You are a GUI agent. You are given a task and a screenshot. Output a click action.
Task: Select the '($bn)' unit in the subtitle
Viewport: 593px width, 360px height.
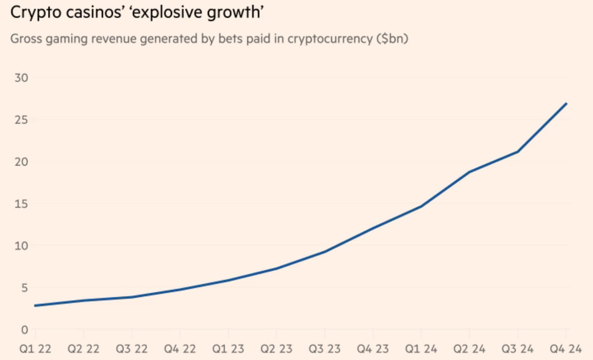[392, 39]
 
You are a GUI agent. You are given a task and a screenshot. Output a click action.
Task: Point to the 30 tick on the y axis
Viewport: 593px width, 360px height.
[21, 78]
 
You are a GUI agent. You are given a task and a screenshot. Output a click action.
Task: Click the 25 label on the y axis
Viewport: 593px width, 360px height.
[21, 120]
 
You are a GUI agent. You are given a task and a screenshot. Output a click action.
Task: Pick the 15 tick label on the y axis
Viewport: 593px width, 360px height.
[21, 204]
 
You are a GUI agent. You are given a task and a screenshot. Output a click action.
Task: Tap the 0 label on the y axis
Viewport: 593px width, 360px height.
[25, 330]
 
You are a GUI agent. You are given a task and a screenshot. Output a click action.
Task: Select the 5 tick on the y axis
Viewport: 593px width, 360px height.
[25, 288]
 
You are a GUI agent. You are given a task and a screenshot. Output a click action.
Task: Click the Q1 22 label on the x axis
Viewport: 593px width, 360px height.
[35, 349]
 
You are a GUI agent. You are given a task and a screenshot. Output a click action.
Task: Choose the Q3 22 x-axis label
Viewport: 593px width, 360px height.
[132, 349]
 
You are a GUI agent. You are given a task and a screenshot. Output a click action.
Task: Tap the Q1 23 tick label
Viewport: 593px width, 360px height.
[228, 349]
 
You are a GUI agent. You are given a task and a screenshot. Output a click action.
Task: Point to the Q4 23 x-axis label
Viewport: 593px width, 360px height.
[373, 349]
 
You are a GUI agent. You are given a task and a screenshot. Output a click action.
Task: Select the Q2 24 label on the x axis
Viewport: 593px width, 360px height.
[469, 349]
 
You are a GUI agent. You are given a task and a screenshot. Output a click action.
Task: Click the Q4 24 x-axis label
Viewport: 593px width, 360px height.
[566, 349]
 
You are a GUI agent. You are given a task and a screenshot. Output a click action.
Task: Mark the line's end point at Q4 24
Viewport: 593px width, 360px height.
[566, 103]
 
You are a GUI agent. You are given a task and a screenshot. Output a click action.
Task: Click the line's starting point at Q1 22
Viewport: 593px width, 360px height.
[35, 306]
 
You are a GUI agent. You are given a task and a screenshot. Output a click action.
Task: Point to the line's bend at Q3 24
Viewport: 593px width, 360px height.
[518, 152]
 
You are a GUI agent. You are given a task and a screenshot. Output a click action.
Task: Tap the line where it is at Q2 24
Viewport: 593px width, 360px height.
[469, 172]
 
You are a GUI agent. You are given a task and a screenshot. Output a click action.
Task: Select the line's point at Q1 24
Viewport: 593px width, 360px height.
[421, 207]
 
